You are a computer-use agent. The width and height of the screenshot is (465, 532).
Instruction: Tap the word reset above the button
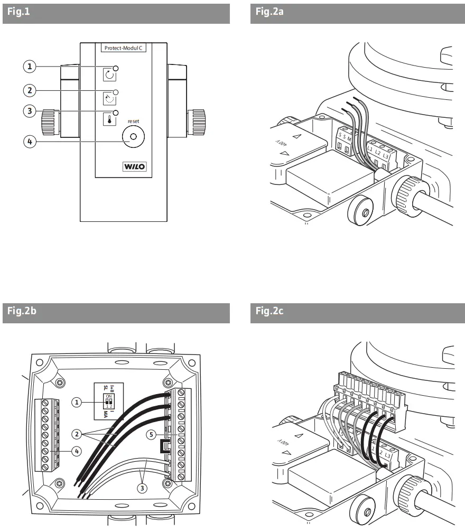click(x=133, y=122)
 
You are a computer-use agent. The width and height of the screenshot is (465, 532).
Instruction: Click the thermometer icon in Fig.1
click(x=109, y=119)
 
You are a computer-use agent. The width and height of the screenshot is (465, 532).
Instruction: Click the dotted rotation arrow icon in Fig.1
click(x=109, y=97)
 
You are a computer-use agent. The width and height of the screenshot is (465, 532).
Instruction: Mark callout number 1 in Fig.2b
click(x=78, y=403)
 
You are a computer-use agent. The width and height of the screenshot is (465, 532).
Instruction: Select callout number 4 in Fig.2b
click(x=78, y=451)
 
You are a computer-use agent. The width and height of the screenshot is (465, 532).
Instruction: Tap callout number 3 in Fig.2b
click(x=142, y=488)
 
